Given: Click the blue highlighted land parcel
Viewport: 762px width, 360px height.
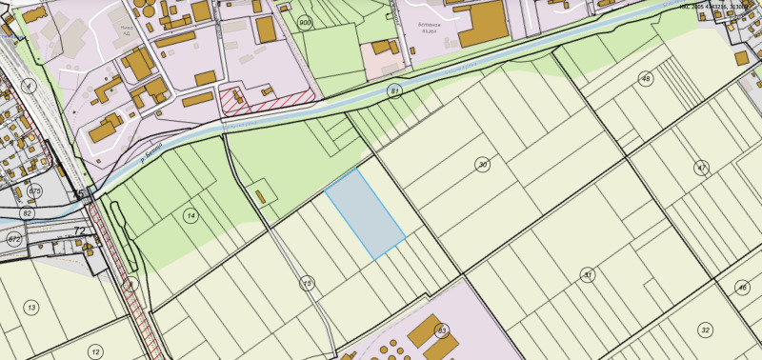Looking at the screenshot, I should tap(365, 214).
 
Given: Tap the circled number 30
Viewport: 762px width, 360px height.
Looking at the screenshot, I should tap(483, 165).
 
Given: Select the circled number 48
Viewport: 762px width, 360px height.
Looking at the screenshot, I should tap(647, 78).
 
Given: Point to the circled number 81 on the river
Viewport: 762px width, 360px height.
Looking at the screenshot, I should tap(394, 90).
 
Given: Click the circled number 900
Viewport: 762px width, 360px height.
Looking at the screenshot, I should tap(305, 22).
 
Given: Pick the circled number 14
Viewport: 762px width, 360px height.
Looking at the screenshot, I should tap(191, 216).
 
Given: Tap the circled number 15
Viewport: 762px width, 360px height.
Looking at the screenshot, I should tap(307, 283).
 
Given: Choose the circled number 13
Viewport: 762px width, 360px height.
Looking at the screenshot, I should tap(31, 308).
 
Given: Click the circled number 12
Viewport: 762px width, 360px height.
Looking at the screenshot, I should tap(95, 351).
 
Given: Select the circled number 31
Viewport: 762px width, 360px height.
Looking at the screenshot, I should tap(588, 274).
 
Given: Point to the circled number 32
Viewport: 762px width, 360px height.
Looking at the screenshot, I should tap(705, 330).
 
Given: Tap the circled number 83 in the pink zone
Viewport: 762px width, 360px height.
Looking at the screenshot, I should tap(441, 330).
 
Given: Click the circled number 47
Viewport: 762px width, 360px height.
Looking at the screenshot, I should tap(702, 167).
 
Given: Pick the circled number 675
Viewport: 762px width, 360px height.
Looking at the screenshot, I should tap(35, 191).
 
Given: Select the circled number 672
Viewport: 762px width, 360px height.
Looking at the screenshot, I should tap(14, 238).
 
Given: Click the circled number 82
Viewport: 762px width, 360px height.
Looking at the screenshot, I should tap(28, 214).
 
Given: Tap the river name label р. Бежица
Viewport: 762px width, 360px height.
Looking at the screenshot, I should tap(150, 151).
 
